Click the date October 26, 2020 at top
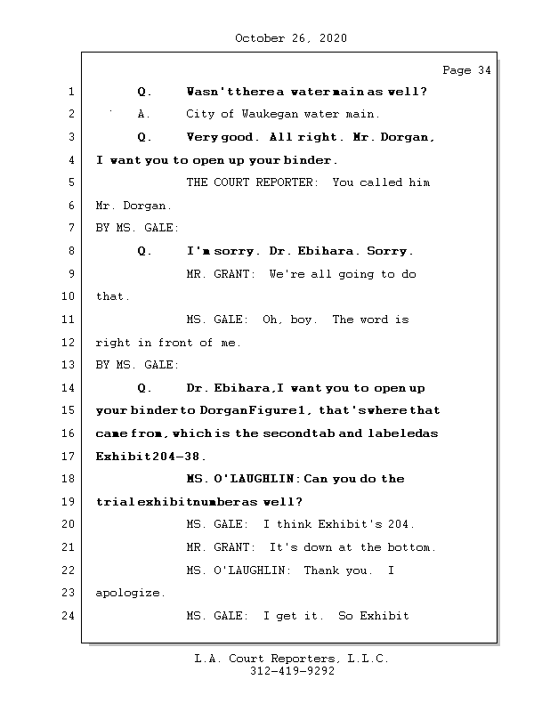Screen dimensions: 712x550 pos(291,38)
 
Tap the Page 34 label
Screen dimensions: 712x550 pos(465,71)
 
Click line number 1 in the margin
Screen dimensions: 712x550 pos(71,92)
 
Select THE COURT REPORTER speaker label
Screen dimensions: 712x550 pos(252,182)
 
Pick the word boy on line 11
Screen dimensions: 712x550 pos(301,320)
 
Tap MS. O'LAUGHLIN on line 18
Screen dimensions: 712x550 pos(241,479)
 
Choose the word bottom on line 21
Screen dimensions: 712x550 pos(412,547)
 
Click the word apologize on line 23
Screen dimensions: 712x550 pos(130,593)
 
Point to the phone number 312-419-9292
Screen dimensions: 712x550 pos(291,673)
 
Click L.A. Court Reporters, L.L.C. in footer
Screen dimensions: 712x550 pos(291,659)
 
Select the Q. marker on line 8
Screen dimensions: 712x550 pos(145,251)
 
